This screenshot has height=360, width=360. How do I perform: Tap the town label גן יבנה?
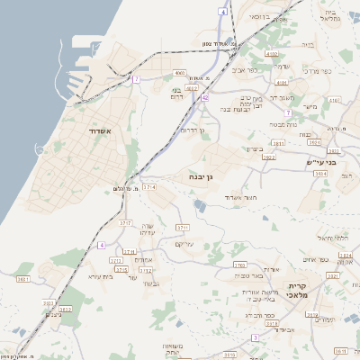point(201,178)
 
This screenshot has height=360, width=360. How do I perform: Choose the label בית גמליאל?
point(329,16)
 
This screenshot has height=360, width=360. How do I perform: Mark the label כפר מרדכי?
point(319,69)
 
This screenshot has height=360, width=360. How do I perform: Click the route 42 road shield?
point(206,96)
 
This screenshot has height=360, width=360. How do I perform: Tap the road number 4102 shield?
point(271,54)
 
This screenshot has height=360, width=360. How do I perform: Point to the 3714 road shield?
point(149,186)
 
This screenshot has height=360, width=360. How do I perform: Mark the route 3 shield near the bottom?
point(255,337)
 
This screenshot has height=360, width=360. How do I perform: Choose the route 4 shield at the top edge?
point(222,12)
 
